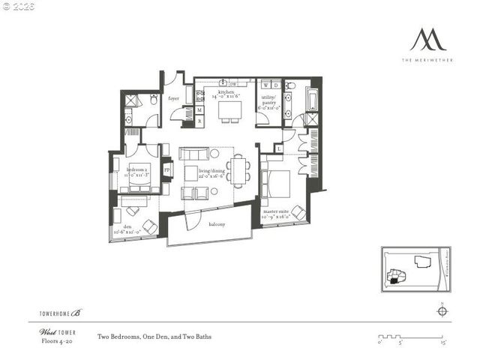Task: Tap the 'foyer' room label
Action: click(x=173, y=97)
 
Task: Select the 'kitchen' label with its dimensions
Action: click(x=228, y=94)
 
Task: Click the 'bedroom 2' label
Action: click(x=138, y=172)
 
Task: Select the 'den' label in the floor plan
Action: click(x=122, y=231)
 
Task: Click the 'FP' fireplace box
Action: click(x=166, y=169)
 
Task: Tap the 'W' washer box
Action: click(x=266, y=85)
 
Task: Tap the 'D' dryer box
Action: click(x=275, y=85)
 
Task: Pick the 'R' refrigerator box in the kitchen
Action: click(x=199, y=120)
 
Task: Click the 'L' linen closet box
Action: click(x=279, y=148)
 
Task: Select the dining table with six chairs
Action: click(x=239, y=169)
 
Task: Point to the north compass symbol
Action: click(x=442, y=312)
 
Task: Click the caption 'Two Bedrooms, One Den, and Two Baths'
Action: click(x=155, y=337)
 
